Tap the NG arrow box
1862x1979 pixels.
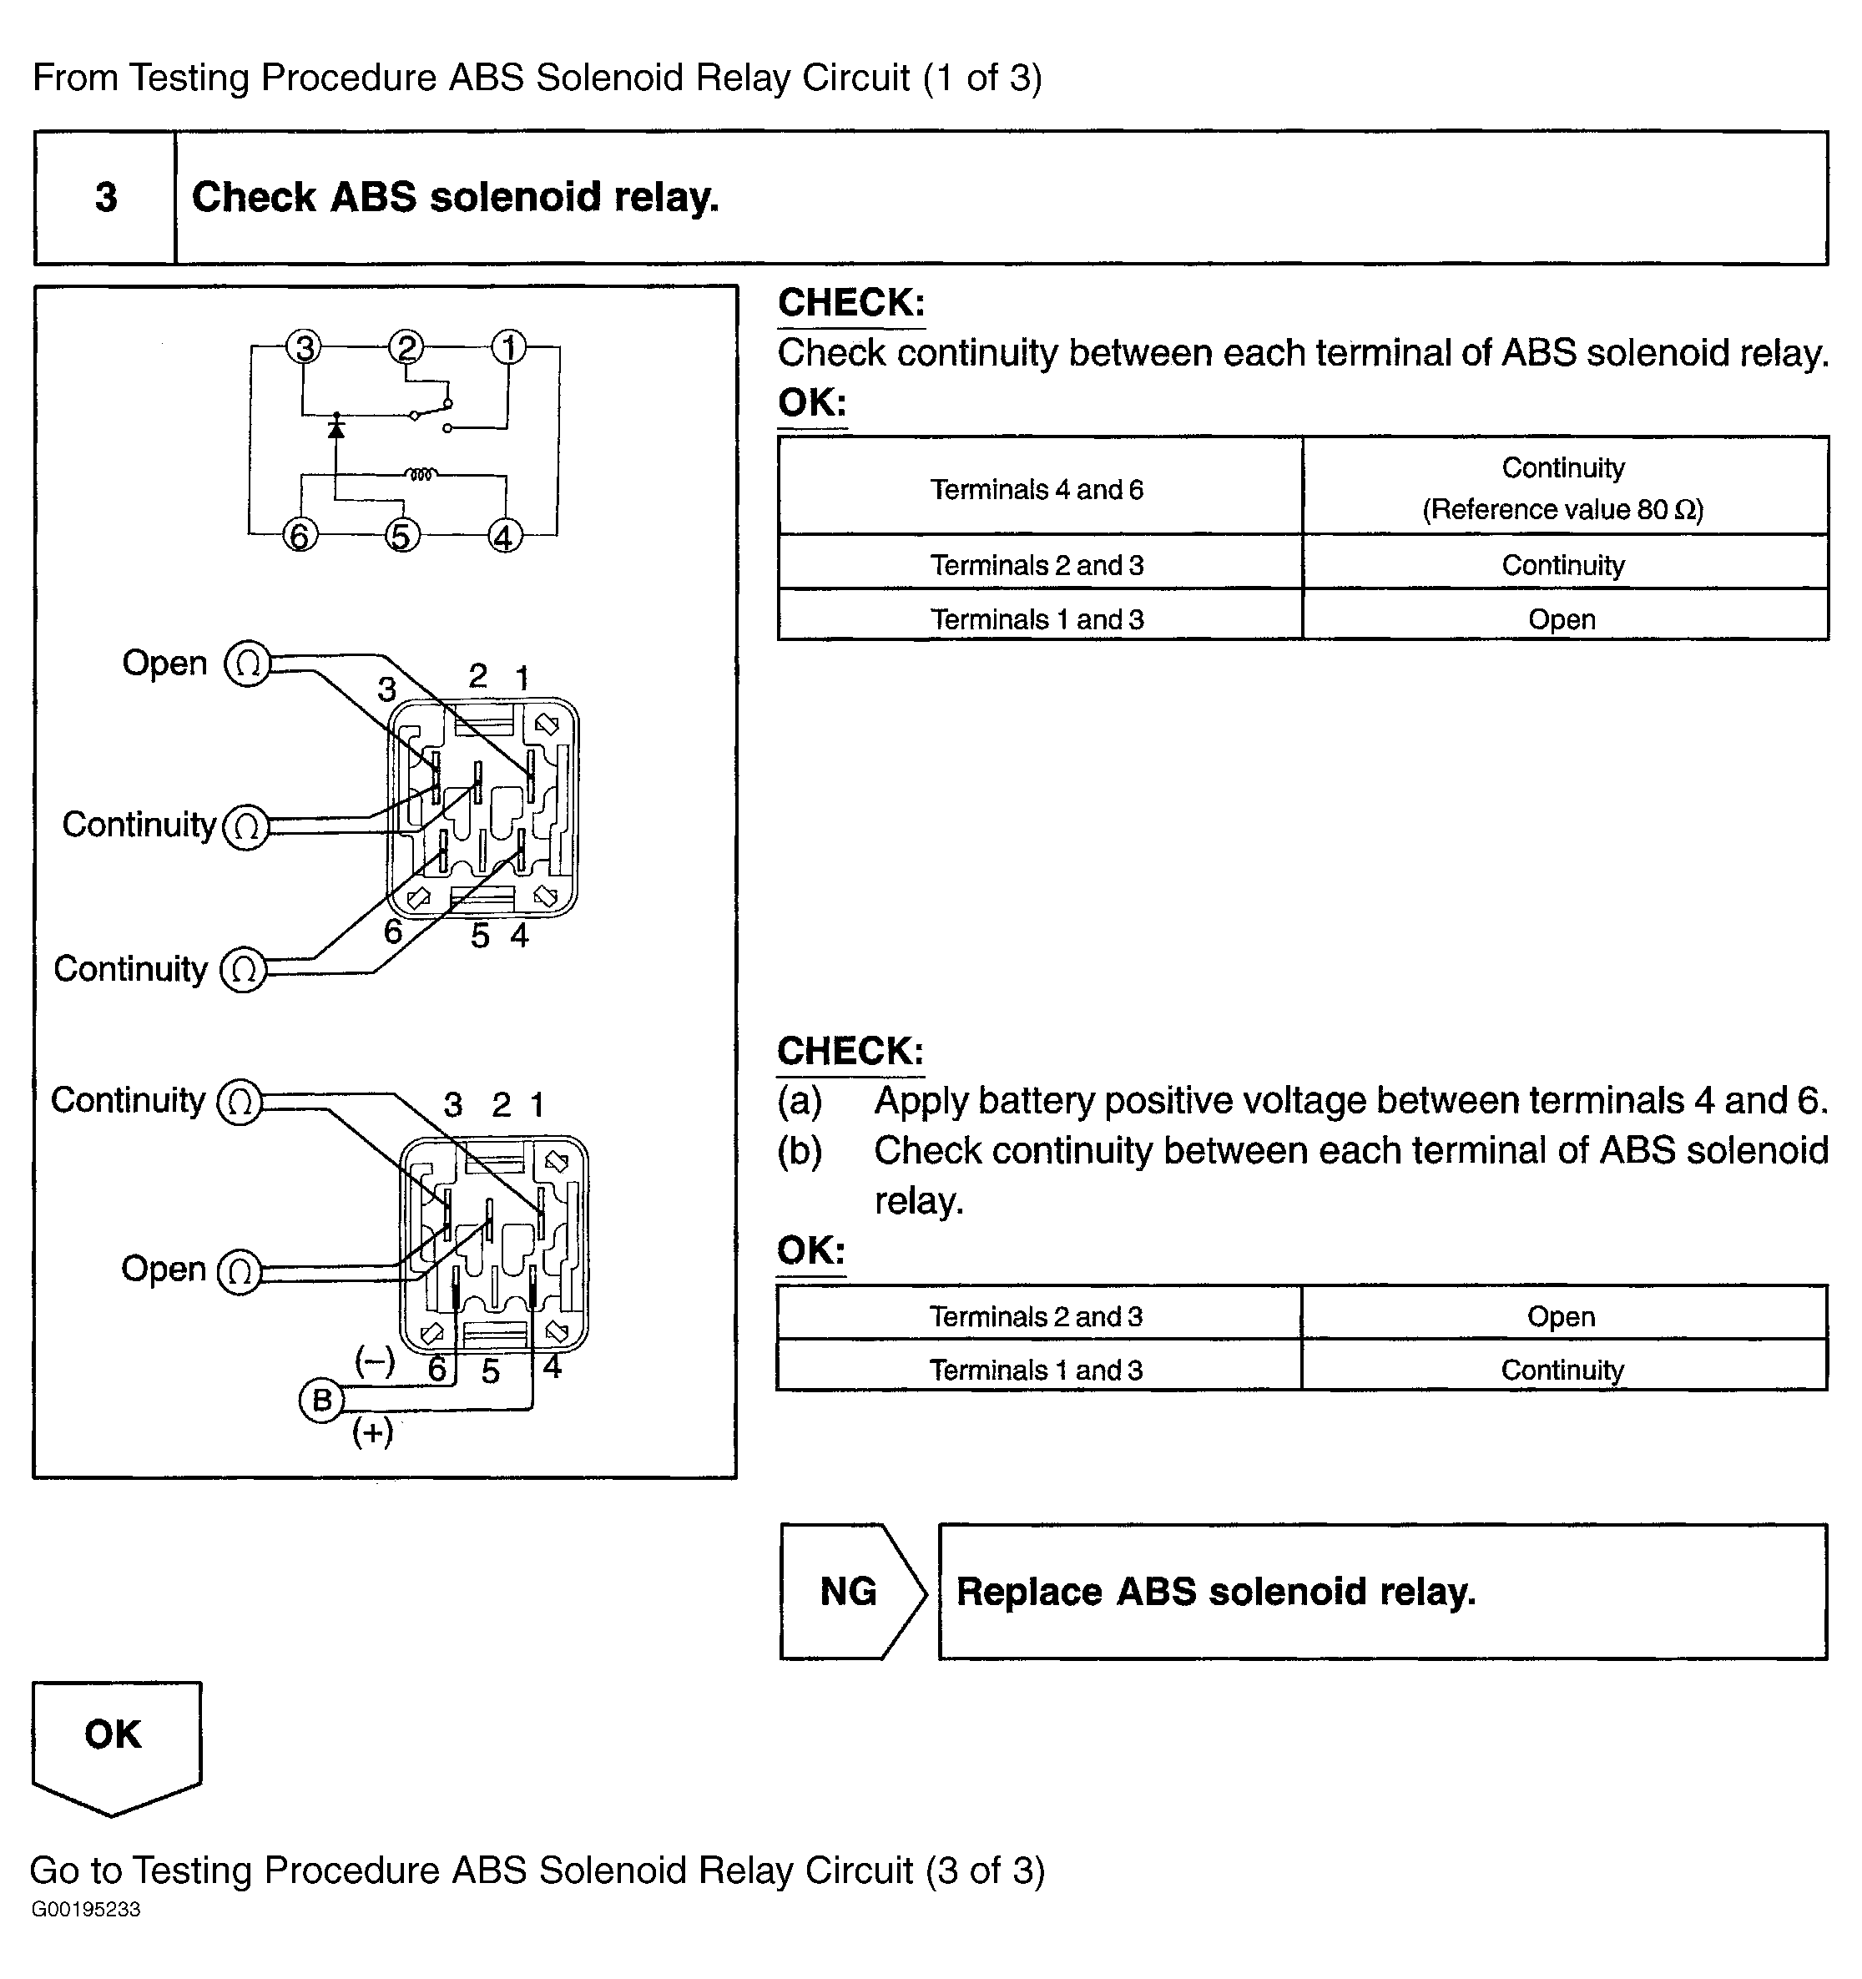[852, 1591]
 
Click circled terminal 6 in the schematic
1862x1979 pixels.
[300, 536]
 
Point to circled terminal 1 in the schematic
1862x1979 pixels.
[508, 347]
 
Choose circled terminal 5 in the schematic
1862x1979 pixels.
[401, 536]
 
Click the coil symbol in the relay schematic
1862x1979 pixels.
[421, 474]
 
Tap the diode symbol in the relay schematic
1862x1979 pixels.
[336, 428]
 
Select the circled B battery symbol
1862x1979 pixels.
[321, 1401]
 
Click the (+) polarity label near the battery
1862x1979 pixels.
[373, 1431]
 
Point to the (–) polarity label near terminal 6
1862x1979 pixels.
[374, 1360]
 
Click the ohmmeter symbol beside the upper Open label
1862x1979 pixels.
[248, 664]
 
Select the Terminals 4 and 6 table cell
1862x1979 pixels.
[1037, 489]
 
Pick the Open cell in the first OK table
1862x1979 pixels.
[1562, 619]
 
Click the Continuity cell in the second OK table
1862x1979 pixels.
[1562, 1370]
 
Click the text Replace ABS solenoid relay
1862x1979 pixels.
[1216, 1591]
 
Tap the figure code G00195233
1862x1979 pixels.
[87, 1910]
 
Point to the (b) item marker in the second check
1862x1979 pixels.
[800, 1151]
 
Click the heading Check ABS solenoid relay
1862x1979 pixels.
[455, 197]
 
